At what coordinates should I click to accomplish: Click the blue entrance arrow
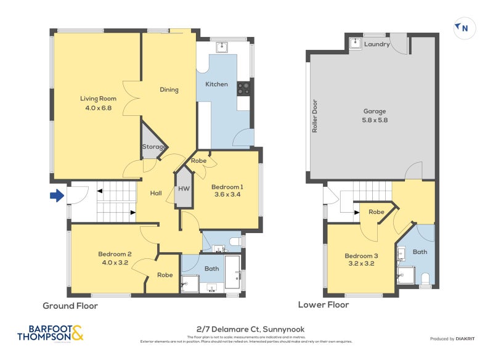(x=57, y=196)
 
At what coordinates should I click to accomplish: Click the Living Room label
(x=98, y=98)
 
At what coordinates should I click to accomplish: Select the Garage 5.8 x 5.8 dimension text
(x=375, y=120)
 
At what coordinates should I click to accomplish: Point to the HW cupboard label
(x=184, y=189)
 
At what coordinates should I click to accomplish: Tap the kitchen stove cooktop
(x=243, y=88)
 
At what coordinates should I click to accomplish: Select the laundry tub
(x=356, y=43)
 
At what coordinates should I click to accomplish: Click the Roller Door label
(x=314, y=117)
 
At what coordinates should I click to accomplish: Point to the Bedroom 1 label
(x=227, y=187)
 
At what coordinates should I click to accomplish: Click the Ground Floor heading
(x=70, y=306)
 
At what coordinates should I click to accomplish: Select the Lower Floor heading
(x=324, y=305)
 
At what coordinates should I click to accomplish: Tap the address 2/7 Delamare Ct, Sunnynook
(x=246, y=329)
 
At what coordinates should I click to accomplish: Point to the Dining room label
(x=169, y=89)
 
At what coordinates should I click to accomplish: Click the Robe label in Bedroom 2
(x=165, y=275)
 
